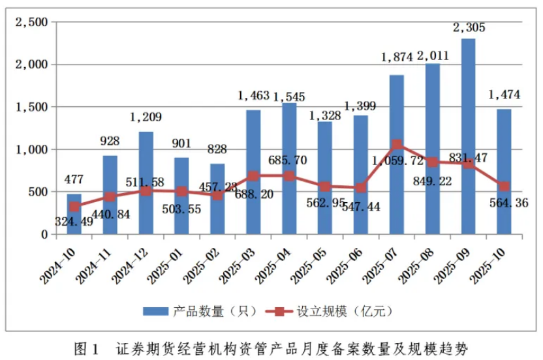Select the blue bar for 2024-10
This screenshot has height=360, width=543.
[x=74, y=214]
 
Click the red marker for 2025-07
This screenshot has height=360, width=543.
[x=397, y=145]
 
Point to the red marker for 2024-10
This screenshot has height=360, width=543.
[x=74, y=207]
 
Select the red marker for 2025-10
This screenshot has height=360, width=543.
[x=504, y=186]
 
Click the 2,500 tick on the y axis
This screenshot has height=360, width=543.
[x=31, y=22]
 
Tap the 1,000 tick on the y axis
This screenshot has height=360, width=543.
[x=31, y=149]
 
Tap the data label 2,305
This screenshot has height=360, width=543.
[x=469, y=27]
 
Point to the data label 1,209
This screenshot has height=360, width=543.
[x=146, y=117]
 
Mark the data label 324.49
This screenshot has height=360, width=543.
[x=78, y=220]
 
